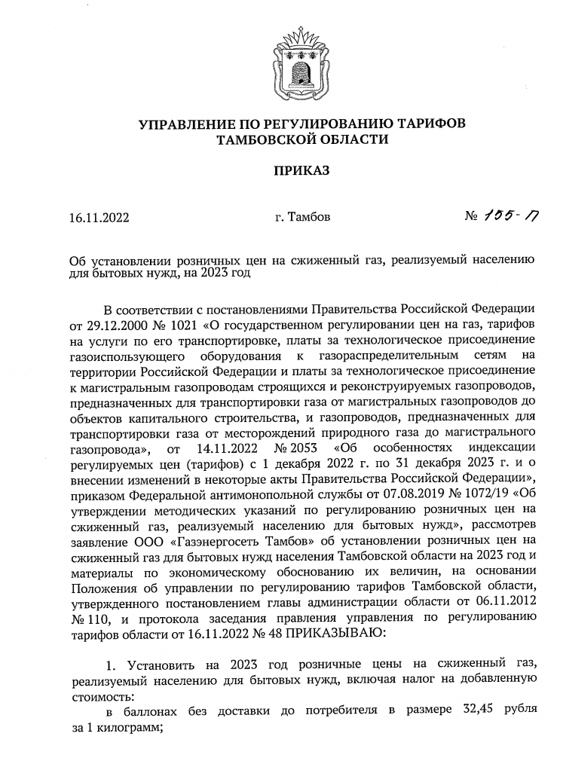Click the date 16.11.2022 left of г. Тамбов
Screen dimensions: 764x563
(99, 219)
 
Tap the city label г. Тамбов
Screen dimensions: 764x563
(302, 219)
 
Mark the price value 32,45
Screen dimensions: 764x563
(476, 711)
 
